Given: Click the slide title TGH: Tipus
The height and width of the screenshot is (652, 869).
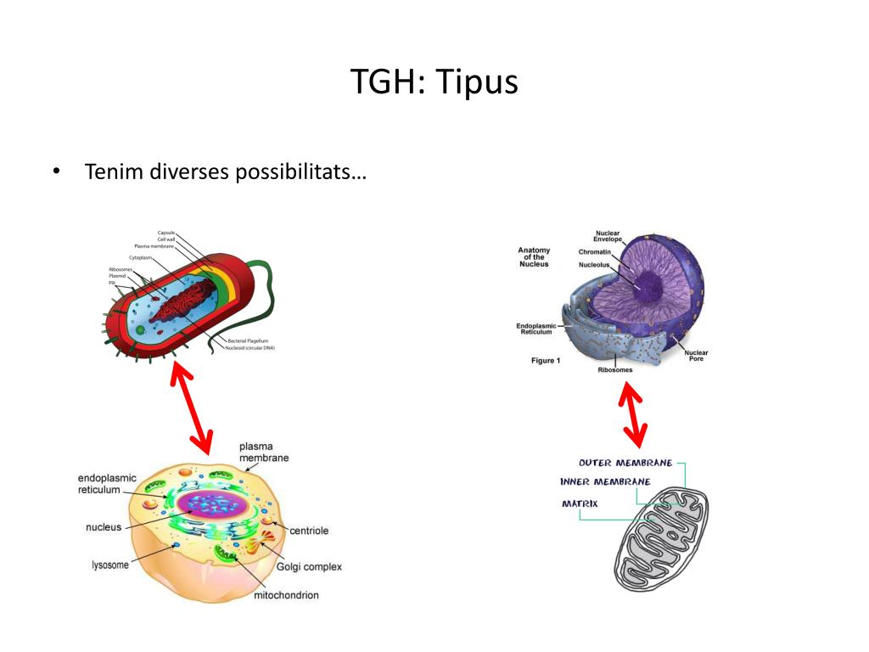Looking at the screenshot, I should (x=434, y=82).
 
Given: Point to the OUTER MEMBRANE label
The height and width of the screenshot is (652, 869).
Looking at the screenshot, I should (x=625, y=463).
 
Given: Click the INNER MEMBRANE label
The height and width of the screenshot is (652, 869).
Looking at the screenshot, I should (x=605, y=481).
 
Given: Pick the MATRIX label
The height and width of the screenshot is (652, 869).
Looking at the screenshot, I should (x=580, y=503).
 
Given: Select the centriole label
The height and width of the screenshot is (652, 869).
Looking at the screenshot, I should (x=309, y=531).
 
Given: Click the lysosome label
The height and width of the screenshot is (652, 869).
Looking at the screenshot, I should (x=110, y=564).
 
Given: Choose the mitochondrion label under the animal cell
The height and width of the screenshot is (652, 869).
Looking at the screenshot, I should (x=286, y=595).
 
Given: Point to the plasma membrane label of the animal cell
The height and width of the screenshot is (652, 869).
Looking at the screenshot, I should (x=263, y=452).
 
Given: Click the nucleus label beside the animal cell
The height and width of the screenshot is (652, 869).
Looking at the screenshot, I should (x=104, y=527).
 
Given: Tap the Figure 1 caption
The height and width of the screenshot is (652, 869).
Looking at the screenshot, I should (x=546, y=361).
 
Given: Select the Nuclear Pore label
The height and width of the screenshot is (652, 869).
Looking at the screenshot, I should (x=696, y=355).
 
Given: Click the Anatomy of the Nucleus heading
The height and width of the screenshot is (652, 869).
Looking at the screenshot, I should (x=534, y=257).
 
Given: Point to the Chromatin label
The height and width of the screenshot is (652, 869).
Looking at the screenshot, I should (x=595, y=252).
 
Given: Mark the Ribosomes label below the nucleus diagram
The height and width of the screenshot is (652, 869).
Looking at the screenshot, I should (x=615, y=370).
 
